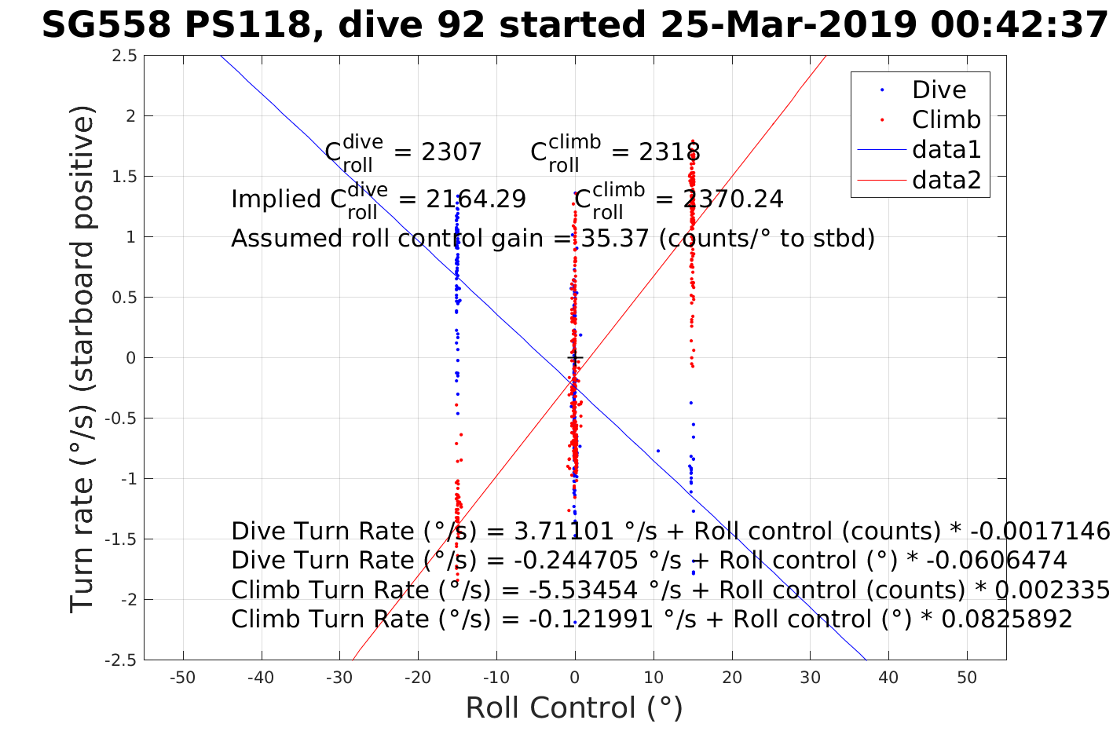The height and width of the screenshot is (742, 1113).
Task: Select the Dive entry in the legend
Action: click(939, 90)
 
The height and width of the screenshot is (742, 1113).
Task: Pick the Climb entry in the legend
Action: click(946, 120)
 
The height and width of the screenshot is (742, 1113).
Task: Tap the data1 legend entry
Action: click(946, 150)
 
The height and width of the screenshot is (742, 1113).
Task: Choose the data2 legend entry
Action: click(946, 181)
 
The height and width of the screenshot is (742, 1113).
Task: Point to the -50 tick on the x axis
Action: click(183, 678)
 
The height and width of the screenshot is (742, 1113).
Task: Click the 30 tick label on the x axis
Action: click(810, 678)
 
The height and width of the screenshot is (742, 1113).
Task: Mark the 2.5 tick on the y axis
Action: click(123, 56)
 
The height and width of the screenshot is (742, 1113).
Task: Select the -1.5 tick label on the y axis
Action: click(121, 539)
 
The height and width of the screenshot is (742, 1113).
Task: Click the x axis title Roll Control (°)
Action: click(574, 708)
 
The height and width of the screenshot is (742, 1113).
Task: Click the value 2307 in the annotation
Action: click(451, 152)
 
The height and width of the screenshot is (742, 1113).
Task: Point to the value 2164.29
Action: click(476, 199)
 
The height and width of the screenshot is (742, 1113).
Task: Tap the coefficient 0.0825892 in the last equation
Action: click(1006, 620)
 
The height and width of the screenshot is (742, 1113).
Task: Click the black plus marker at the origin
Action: click(575, 358)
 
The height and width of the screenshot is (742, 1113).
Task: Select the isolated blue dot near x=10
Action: click(657, 451)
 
